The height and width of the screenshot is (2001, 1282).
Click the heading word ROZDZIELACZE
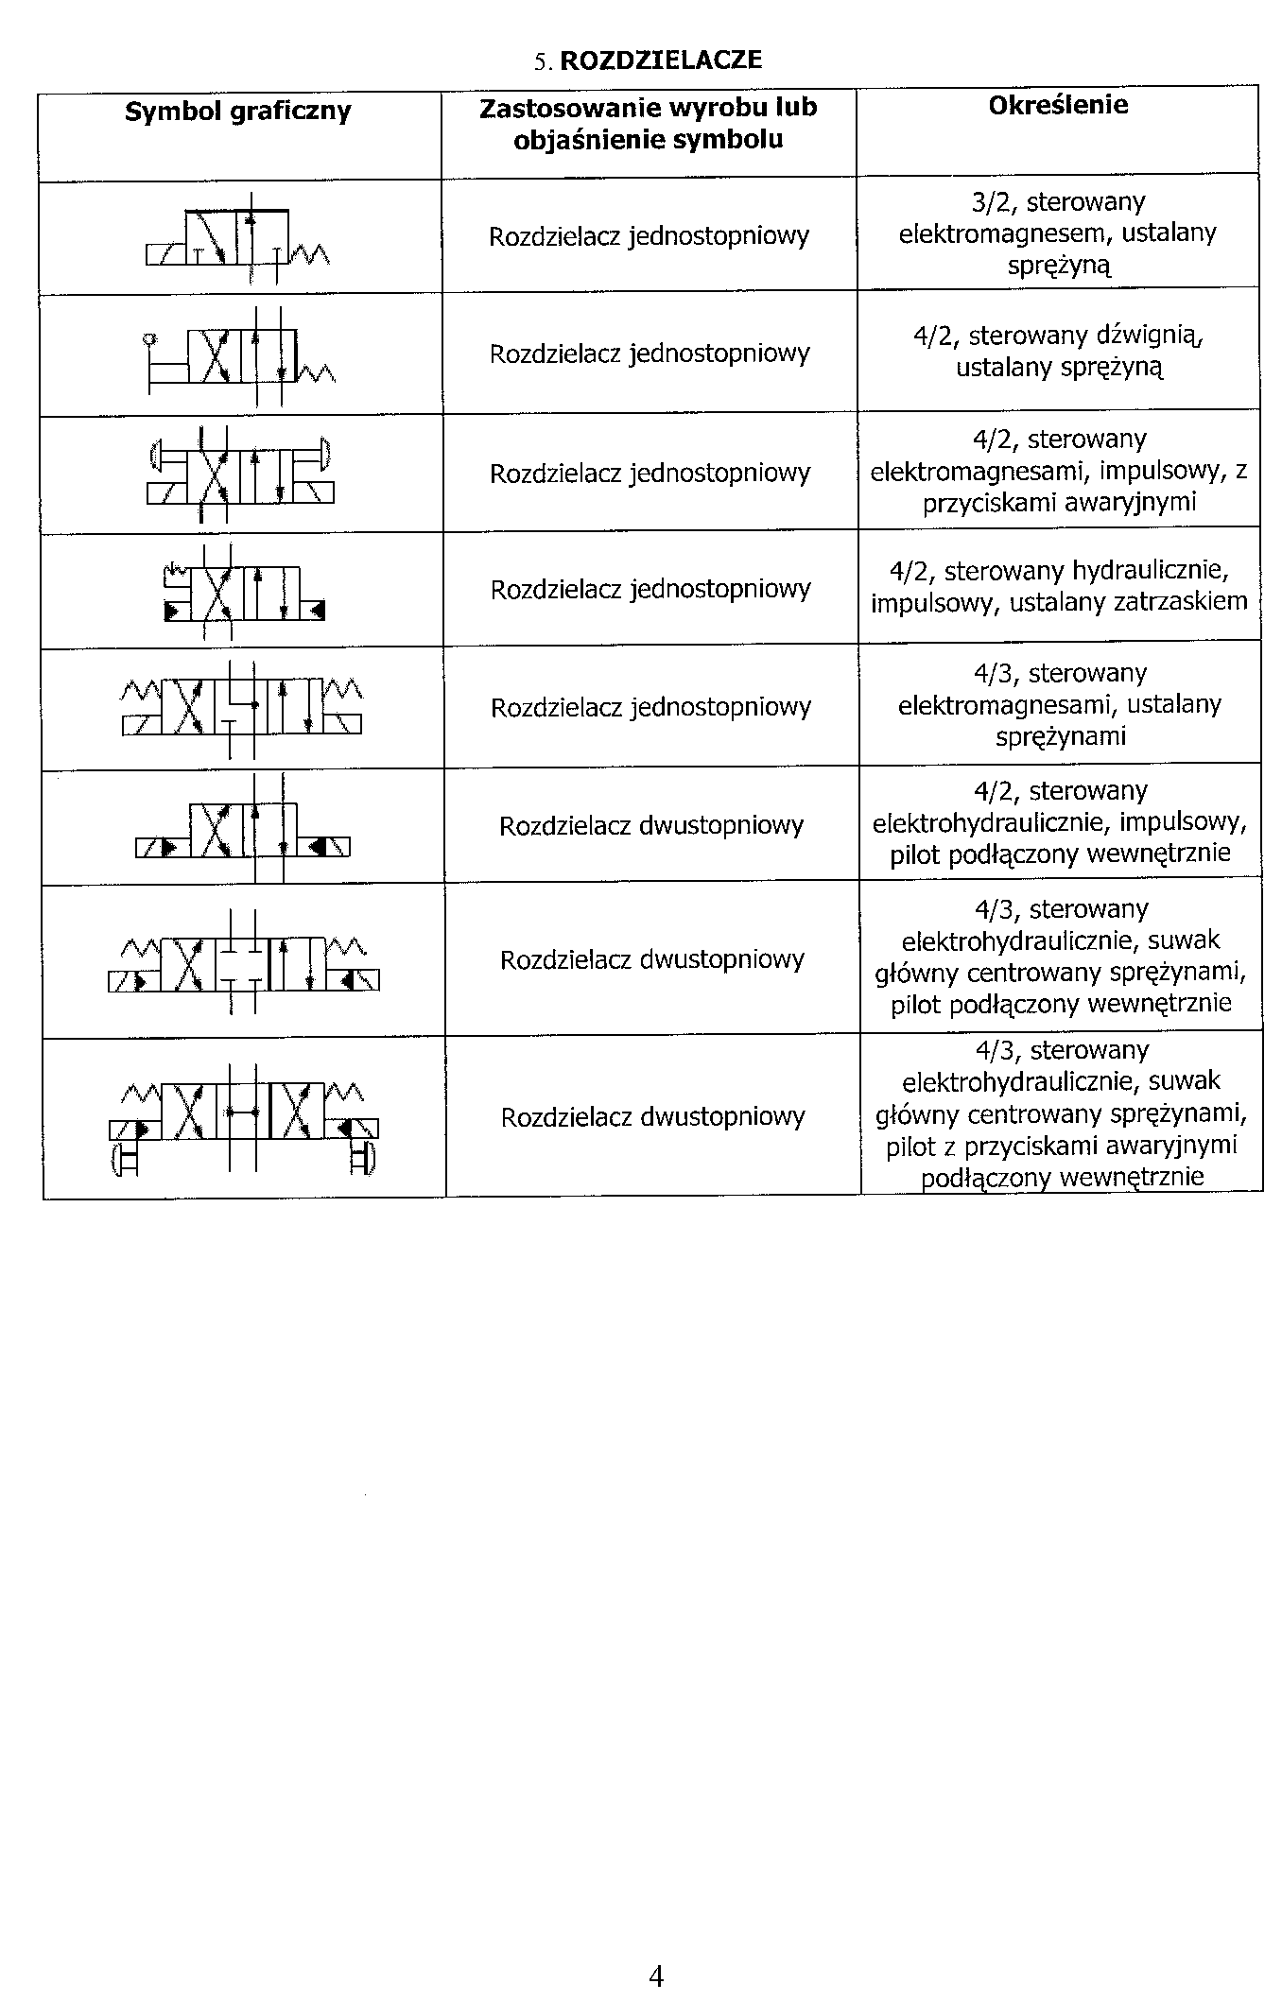[661, 60]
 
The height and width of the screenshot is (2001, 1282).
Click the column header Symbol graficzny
[238, 112]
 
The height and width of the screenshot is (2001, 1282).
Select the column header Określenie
[1058, 105]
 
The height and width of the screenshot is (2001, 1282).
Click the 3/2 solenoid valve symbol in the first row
[238, 237]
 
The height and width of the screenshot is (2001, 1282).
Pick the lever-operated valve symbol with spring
[241, 355]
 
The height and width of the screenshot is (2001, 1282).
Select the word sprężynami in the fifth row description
[1061, 736]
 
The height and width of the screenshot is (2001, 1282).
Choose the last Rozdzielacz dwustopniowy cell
[652, 1117]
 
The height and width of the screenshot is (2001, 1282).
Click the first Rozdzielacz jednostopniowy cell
[649, 236]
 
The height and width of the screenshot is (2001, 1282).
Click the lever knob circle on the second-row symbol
[149, 338]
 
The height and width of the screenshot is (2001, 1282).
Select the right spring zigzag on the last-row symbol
[346, 1094]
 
